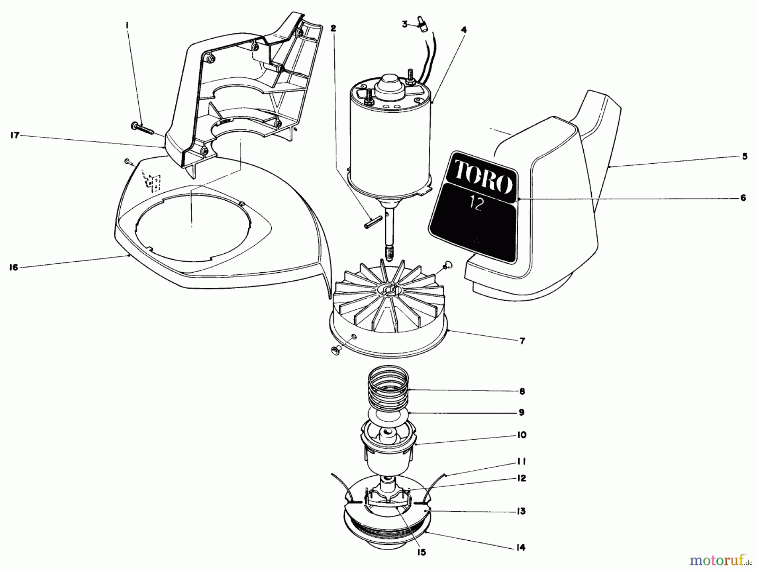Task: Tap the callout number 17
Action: coord(15,136)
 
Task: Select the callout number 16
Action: coord(14,267)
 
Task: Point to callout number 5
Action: coord(744,157)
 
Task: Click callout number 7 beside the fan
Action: coord(522,341)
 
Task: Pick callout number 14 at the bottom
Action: coord(521,547)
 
